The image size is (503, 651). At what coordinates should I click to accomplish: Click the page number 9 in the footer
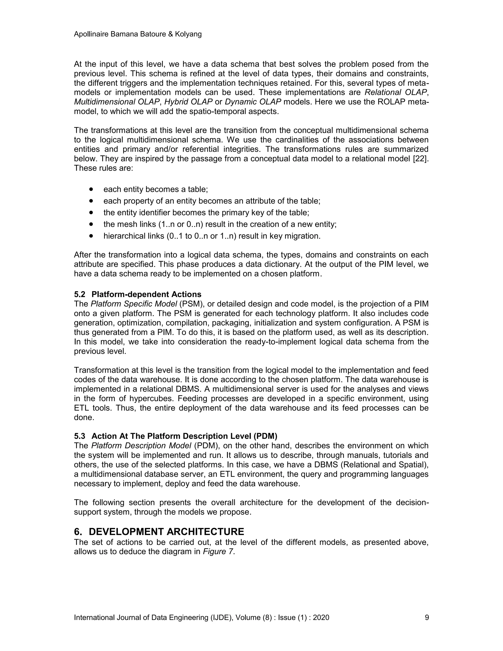pos(427,617)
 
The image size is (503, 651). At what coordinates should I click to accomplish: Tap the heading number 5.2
pos(80,295)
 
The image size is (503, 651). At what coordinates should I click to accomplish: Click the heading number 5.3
pos(80,436)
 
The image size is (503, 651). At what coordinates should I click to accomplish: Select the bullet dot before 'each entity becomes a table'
pos(91,189)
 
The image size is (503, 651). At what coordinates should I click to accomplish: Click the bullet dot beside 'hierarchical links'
pos(91,236)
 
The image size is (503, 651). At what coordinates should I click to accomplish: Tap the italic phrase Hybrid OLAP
pos(188,102)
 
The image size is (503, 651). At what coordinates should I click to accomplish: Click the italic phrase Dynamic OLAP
pos(253,102)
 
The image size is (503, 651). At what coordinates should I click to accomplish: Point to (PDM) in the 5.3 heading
pos(265,436)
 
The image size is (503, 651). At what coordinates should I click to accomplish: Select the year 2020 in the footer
pos(321,617)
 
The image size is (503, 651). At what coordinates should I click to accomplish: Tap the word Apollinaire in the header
pos(91,34)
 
